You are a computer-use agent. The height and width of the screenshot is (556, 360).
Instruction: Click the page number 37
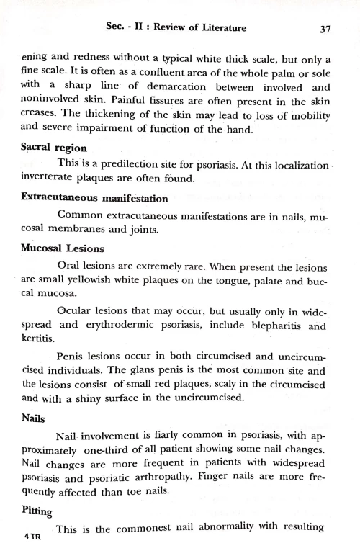[x=323, y=29]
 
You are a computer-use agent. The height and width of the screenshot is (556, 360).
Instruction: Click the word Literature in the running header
[x=219, y=28]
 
